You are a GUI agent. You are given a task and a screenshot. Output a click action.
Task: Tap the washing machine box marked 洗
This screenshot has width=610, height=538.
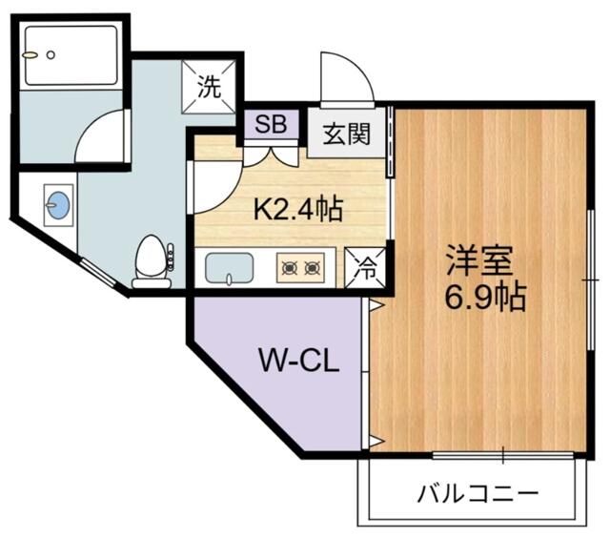tap(209, 87)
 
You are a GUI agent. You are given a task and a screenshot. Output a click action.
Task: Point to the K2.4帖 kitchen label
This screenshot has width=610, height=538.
tap(296, 207)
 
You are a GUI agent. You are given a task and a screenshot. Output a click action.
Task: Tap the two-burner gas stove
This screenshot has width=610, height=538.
tap(300, 269)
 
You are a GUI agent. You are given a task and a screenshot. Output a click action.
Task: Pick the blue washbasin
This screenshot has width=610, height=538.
tap(58, 204)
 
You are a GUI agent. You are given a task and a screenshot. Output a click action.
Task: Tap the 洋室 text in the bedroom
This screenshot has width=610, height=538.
tap(480, 262)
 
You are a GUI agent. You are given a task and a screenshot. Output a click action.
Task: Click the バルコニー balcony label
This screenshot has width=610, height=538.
tap(478, 494)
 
